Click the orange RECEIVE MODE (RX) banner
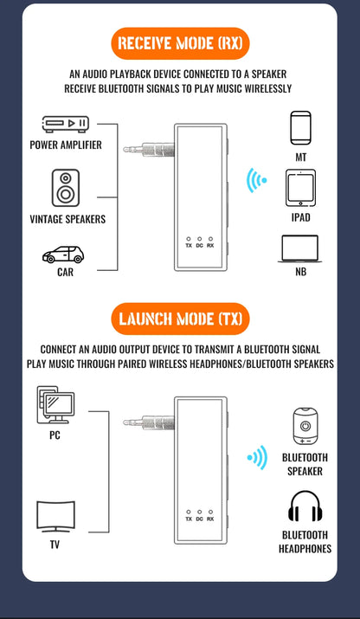[x=180, y=42]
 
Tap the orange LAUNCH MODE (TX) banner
[x=180, y=319]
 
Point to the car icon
[x=64, y=255]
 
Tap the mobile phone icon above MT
[x=300, y=127]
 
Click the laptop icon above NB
[x=299, y=249]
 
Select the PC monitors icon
[x=55, y=404]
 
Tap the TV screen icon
[x=55, y=517]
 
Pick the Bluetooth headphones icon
[x=305, y=507]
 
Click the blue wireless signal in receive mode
[x=256, y=181]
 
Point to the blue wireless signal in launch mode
[x=256, y=457]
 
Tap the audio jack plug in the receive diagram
[x=148, y=150]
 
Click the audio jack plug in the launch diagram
[x=148, y=424]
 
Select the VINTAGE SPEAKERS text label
[x=67, y=219]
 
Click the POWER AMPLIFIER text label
[x=66, y=145]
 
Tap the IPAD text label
[x=300, y=217]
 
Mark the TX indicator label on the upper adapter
[x=189, y=245]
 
